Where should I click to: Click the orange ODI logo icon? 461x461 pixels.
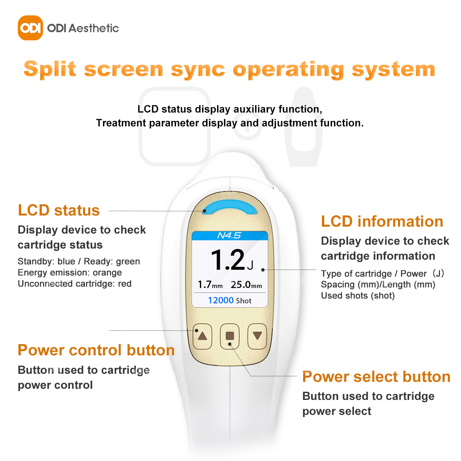pyautogui.click(x=30, y=28)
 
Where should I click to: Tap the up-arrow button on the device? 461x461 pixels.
pyautogui.click(x=202, y=336)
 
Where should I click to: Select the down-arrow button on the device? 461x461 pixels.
pyautogui.click(x=257, y=336)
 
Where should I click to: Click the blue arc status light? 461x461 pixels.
pyautogui.click(x=230, y=206)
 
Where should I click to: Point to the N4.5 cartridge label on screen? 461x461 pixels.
pyautogui.click(x=229, y=235)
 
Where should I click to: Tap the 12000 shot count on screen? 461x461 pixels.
pyautogui.click(x=221, y=300)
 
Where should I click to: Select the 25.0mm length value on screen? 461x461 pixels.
pyautogui.click(x=246, y=285)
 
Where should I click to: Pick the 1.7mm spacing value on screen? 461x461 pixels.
pyautogui.click(x=210, y=285)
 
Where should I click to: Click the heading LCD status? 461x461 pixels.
pyautogui.click(x=59, y=210)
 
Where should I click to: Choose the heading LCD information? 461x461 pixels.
pyautogui.click(x=382, y=221)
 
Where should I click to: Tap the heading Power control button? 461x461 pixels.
pyautogui.click(x=96, y=350)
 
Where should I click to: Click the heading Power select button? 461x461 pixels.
pyautogui.click(x=376, y=376)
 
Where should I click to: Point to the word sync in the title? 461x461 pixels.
pyautogui.click(x=198, y=70)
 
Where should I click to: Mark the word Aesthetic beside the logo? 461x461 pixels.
pyautogui.click(x=94, y=28)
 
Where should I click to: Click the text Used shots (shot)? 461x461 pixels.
pyautogui.click(x=358, y=296)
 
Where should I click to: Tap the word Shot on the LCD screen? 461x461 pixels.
pyautogui.click(x=243, y=301)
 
